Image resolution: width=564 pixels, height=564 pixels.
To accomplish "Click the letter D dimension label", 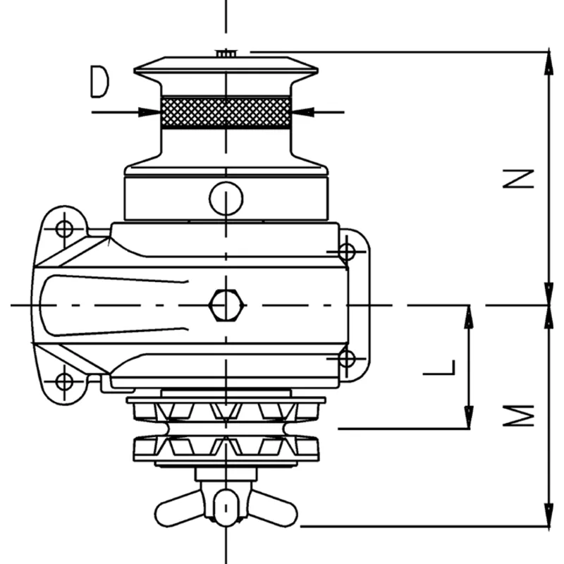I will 100,82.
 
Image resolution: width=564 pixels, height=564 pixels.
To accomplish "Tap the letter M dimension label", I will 522,416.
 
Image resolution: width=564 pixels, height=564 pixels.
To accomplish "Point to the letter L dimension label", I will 443,367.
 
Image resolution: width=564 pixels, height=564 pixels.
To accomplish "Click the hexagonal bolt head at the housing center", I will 226,306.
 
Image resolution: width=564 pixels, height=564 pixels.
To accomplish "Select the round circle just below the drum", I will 226,198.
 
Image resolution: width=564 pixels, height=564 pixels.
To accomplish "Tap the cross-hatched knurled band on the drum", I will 226,112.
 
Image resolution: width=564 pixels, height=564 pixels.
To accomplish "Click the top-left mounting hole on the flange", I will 64,228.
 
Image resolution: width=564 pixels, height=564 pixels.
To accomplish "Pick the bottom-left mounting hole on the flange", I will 64,381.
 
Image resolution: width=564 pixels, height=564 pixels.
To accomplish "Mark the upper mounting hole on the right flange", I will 346,251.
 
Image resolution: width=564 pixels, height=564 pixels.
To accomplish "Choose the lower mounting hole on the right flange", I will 346,359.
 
